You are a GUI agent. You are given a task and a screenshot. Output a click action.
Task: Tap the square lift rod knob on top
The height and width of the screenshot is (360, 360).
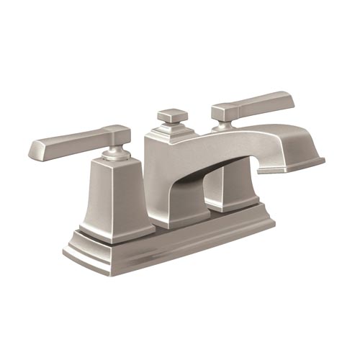172,114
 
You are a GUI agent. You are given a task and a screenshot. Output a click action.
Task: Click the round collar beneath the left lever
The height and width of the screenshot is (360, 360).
114,153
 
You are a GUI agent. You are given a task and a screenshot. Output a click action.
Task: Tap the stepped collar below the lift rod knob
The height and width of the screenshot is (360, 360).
173,129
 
